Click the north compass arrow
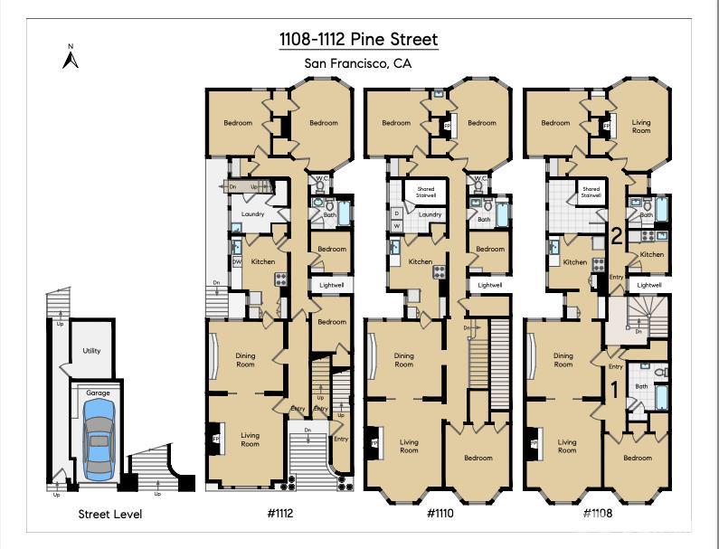pyautogui.click(x=71, y=59)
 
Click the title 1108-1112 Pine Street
pyautogui.click(x=358, y=39)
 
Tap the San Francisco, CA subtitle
pyautogui.click(x=358, y=63)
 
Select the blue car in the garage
pyautogui.click(x=98, y=440)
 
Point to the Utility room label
pyautogui.click(x=91, y=351)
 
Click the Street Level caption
pyautogui.click(x=109, y=514)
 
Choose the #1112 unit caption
pyautogui.click(x=280, y=513)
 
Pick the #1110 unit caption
pyautogui.click(x=440, y=513)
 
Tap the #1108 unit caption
pyautogui.click(x=597, y=513)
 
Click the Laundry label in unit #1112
pyautogui.click(x=252, y=214)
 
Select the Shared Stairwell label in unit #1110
pyautogui.click(x=425, y=192)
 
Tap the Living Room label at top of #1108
pyautogui.click(x=640, y=127)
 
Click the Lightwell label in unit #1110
pyautogui.click(x=490, y=285)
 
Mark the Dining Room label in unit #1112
pyautogui.click(x=245, y=359)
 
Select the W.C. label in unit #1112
pyautogui.click(x=321, y=179)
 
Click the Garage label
pyautogui.click(x=98, y=393)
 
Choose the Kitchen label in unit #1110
pyautogui.click(x=421, y=262)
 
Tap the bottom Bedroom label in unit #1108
pyautogui.click(x=637, y=458)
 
